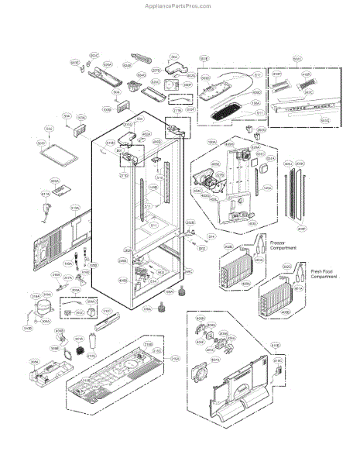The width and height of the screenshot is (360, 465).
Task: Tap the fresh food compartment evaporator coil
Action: click(x=274, y=301)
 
